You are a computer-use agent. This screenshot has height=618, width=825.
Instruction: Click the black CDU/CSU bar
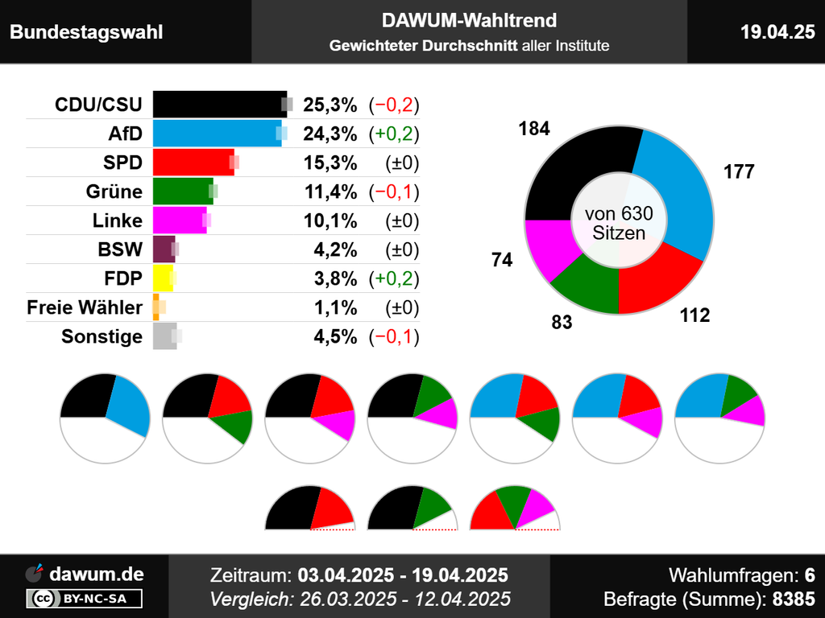[x=218, y=105]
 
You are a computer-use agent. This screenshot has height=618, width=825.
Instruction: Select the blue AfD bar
[x=215, y=134]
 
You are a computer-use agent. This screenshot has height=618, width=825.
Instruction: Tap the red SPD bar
[x=193, y=163]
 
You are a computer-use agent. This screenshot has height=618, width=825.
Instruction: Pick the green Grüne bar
[x=182, y=192]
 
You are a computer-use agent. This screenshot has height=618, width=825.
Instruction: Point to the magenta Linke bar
[x=179, y=220]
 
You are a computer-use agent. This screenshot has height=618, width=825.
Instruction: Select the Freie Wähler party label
[x=85, y=307]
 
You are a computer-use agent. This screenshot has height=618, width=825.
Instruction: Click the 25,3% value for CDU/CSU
[x=330, y=105]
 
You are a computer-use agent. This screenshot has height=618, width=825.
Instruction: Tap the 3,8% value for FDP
[x=335, y=278]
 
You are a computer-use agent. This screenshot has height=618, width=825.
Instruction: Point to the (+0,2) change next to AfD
[x=394, y=134]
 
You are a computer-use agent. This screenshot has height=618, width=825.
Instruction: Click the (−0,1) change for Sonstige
[x=394, y=336]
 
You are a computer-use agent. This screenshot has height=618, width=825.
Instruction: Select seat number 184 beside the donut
[x=534, y=129]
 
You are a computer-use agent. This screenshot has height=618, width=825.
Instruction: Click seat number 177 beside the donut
[x=739, y=171]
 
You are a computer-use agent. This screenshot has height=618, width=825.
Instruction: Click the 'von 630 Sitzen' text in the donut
[x=619, y=224]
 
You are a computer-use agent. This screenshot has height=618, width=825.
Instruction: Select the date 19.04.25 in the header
[x=777, y=31]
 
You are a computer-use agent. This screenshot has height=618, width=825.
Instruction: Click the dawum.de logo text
[x=97, y=575]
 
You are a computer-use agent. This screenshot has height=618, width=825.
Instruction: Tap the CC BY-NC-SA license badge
[x=85, y=599]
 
